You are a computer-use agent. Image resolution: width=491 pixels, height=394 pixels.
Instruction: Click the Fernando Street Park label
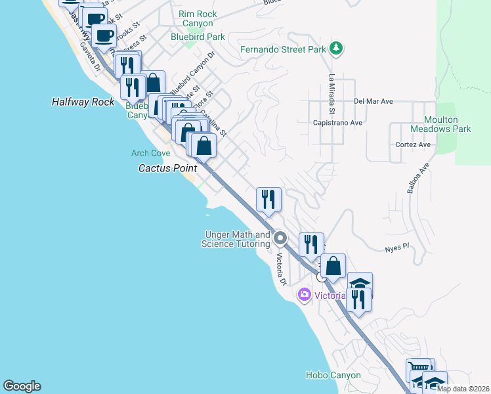click(283, 49)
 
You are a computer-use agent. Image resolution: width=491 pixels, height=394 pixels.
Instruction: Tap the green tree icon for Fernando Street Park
click(336, 48)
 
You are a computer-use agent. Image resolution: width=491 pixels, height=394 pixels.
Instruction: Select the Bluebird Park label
click(198, 37)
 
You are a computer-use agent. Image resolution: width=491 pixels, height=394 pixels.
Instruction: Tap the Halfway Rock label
click(83, 102)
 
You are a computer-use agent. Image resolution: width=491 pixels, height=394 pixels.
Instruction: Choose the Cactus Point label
click(167, 168)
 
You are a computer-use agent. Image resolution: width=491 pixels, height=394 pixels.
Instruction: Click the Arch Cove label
click(151, 153)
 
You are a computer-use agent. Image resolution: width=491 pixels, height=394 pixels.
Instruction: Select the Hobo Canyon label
click(333, 376)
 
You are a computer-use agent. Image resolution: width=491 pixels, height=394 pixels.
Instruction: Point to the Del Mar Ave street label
click(373, 102)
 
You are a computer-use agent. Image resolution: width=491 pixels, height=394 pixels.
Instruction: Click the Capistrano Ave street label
click(338, 123)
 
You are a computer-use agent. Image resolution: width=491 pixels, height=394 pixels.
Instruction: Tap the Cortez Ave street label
click(413, 144)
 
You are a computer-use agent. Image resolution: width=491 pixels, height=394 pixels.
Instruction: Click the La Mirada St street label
click(332, 87)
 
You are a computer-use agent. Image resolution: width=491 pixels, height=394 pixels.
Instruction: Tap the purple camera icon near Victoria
click(304, 294)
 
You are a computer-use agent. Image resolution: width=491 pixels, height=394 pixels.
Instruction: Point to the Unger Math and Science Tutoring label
click(238, 239)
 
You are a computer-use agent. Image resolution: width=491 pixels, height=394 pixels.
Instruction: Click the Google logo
click(22, 386)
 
